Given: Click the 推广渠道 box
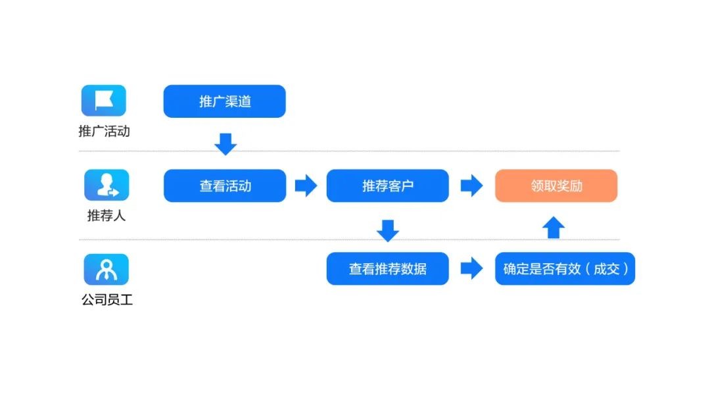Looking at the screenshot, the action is (225, 101).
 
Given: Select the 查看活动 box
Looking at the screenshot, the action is (225, 186).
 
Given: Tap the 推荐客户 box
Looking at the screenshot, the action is (388, 186).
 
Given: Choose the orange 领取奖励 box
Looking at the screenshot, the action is (556, 186).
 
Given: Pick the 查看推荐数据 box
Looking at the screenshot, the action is (388, 268).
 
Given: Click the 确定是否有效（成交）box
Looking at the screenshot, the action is (565, 268).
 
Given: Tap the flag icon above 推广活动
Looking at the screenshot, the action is (104, 101).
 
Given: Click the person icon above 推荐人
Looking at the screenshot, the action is (106, 185).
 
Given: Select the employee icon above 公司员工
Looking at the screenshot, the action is (106, 270).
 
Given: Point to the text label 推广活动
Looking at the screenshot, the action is (104, 132).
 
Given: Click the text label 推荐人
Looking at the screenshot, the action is (106, 216).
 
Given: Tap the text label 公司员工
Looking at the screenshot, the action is (107, 300).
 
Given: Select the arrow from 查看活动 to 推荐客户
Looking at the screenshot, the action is (306, 186).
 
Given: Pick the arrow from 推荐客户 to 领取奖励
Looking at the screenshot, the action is (472, 186).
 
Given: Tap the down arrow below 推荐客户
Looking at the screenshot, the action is (388, 231).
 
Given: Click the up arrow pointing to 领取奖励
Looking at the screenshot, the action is (554, 228).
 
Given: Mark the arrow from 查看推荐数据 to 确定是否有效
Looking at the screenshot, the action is (472, 268).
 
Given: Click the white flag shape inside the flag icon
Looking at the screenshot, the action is (104, 100).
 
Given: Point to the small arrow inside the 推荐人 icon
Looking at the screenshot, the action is (114, 193).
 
